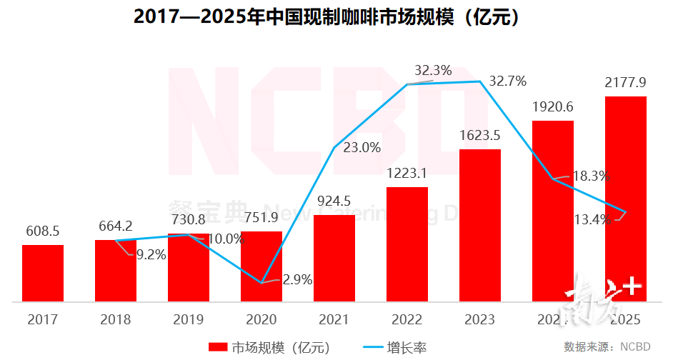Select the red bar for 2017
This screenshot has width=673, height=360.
point(43,274)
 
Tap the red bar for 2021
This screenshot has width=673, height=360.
point(334,259)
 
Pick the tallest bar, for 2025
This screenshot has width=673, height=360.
point(626,199)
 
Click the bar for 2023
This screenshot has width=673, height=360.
point(480,226)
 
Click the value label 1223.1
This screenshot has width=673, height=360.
point(407,174)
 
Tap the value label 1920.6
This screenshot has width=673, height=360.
point(553,107)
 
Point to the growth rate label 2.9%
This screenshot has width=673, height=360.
point(298,280)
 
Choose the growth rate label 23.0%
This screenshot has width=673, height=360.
point(362,148)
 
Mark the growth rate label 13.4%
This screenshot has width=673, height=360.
point(593,219)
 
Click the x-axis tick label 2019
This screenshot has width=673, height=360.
point(189,319)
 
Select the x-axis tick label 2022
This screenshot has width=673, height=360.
point(407,319)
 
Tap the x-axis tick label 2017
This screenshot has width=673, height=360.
point(43,319)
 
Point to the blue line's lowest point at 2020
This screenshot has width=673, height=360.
point(261,282)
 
